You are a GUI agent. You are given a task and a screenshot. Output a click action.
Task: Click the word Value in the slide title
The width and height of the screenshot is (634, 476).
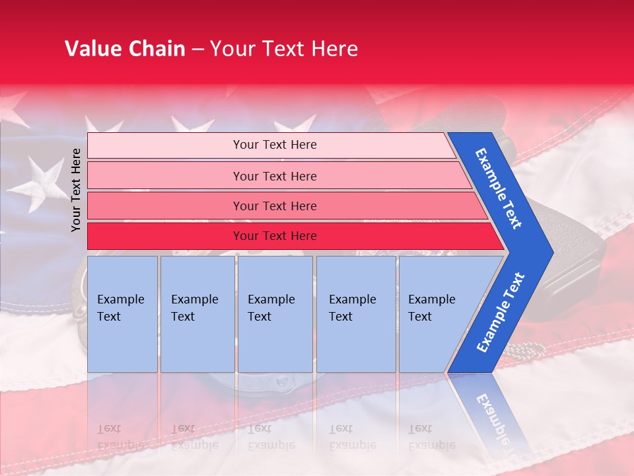[x=92, y=49]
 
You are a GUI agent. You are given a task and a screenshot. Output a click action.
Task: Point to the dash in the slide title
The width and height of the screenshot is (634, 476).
[x=197, y=50]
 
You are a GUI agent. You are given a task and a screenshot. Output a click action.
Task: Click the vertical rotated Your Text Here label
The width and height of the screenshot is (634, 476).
[x=76, y=190]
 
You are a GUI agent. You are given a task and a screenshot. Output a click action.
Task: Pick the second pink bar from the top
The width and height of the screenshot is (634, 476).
[x=274, y=176]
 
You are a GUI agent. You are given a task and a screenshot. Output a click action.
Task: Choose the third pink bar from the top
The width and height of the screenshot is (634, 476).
[x=274, y=206]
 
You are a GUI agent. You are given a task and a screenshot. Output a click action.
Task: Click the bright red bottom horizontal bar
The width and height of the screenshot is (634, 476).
[x=274, y=236]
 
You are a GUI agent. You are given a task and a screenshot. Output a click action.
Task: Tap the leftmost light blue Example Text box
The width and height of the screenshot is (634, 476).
[x=122, y=313]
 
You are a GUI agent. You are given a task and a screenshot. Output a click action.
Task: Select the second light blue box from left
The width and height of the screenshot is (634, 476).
[x=197, y=313]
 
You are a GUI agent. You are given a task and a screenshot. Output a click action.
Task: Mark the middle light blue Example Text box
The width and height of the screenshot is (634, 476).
[x=275, y=313]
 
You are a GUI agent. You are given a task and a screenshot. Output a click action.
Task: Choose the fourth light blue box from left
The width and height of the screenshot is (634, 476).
[x=356, y=313]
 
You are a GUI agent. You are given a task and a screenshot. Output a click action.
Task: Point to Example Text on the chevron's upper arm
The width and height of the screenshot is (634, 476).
[x=499, y=188]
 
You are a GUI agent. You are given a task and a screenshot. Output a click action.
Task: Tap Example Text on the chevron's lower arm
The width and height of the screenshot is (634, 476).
[x=501, y=312]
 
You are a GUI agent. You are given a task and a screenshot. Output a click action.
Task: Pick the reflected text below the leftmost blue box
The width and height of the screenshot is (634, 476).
[x=120, y=436]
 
